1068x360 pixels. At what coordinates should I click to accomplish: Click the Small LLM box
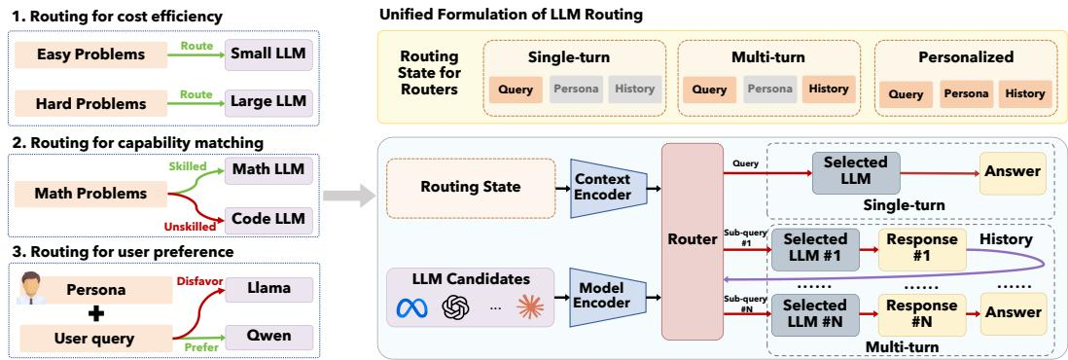tap(268, 54)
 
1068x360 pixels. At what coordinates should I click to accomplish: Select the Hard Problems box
tap(90, 104)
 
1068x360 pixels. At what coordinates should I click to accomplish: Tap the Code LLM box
tap(268, 220)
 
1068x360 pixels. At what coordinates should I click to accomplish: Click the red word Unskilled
tap(190, 227)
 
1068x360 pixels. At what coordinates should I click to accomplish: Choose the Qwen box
tap(268, 336)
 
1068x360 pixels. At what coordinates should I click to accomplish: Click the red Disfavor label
tap(196, 281)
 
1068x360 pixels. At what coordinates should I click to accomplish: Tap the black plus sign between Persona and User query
tap(96, 313)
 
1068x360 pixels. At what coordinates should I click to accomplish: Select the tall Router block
tap(692, 241)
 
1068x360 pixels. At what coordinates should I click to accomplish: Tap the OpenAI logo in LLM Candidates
tap(452, 308)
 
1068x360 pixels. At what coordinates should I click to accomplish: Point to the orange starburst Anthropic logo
tap(530, 308)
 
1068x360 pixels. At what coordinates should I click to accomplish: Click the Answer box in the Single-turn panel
tap(1013, 172)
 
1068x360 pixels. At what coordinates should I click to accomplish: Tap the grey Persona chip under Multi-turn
tap(769, 90)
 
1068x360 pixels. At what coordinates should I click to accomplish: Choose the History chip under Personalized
tap(1024, 94)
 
